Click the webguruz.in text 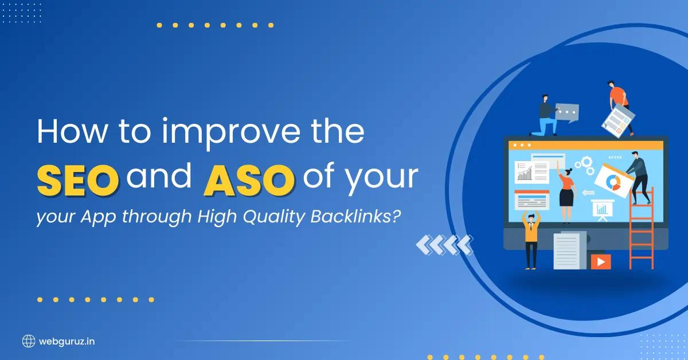[x=67, y=341]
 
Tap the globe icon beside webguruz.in [x=29, y=341]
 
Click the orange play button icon [x=601, y=261]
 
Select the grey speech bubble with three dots [x=567, y=112]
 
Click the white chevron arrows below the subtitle [x=444, y=245]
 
